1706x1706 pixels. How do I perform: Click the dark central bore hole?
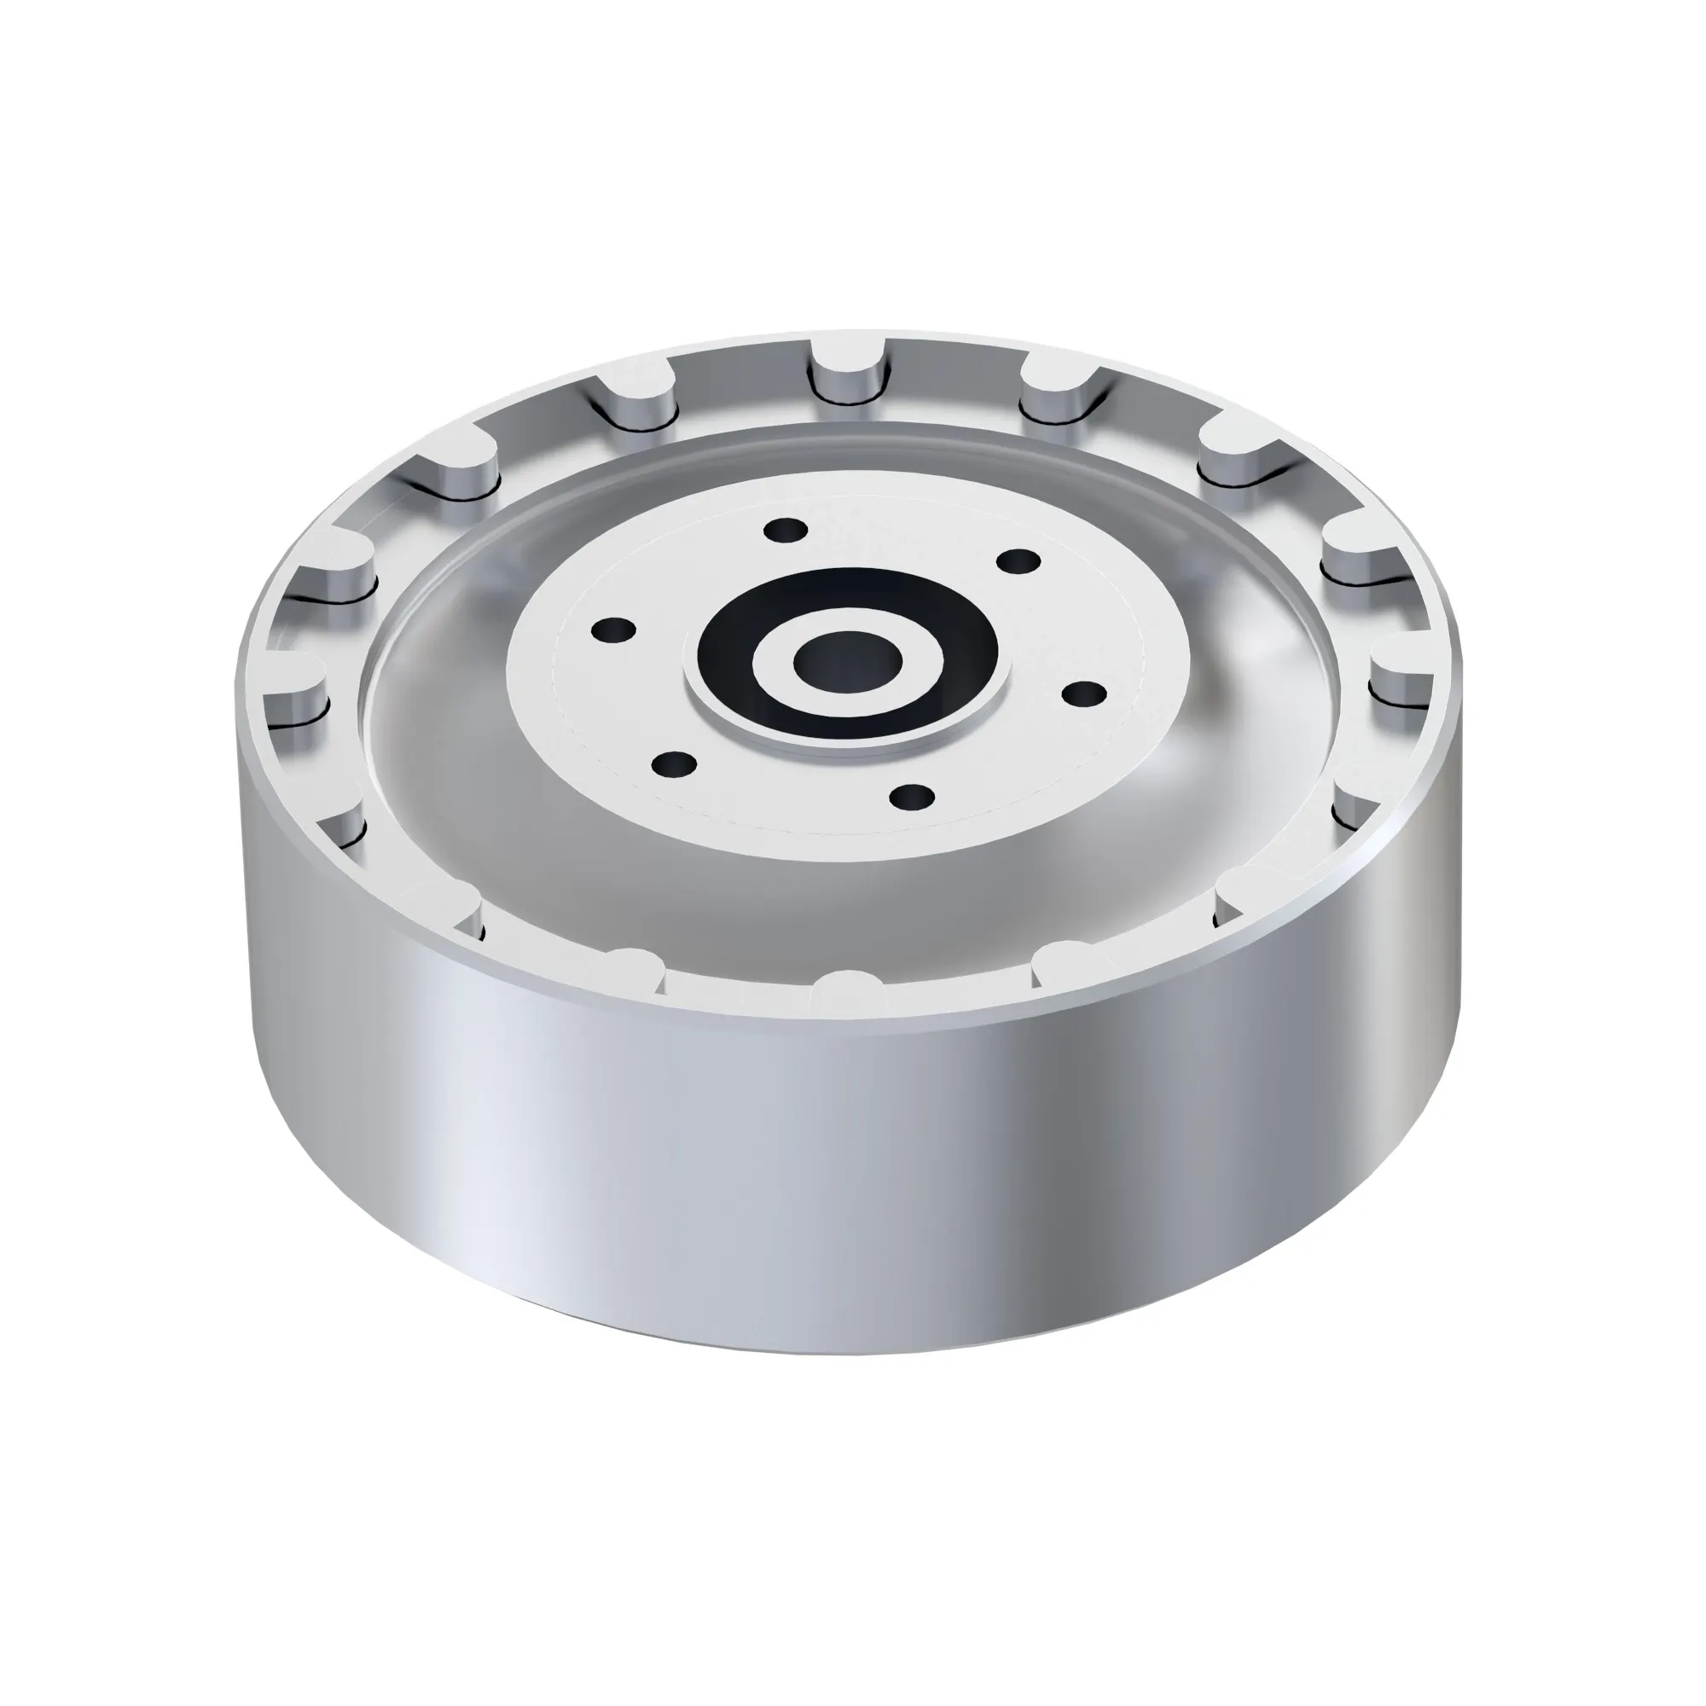847,662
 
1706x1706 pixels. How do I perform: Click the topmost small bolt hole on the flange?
785,531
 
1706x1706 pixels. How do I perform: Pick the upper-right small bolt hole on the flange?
1018,560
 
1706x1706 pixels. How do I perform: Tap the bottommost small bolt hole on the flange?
912,797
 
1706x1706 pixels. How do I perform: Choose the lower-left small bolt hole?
675,764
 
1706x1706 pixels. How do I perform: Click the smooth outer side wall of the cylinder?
848,1192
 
